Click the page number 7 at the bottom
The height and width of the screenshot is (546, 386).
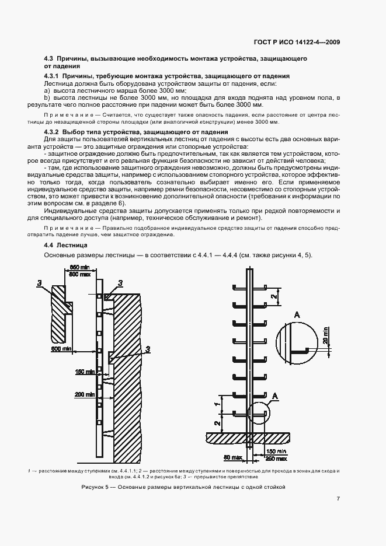point(339,499)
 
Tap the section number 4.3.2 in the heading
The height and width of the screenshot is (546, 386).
point(54,134)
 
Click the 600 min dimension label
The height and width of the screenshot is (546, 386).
point(61,348)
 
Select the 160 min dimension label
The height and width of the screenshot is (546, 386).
point(84,371)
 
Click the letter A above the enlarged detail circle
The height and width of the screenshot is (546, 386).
point(298,314)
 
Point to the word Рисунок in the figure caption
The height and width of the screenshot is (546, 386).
point(93,486)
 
